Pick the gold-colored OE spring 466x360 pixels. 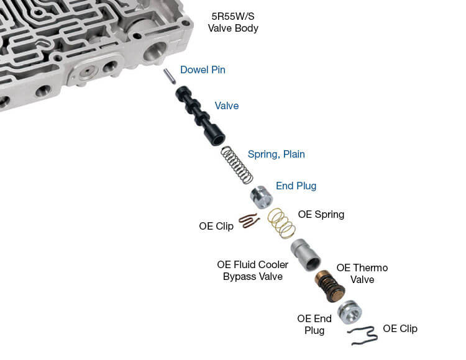tap(281, 223)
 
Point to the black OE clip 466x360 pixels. tap(363, 336)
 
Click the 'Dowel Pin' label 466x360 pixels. tap(203, 70)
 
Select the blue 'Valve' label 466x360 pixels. tap(226, 106)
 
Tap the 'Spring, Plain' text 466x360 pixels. tap(276, 154)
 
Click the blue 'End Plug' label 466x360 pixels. tap(296, 186)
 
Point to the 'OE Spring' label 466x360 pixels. tap(321, 214)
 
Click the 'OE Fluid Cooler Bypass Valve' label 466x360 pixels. tap(252, 270)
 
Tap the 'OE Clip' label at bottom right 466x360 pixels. tap(400, 328)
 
